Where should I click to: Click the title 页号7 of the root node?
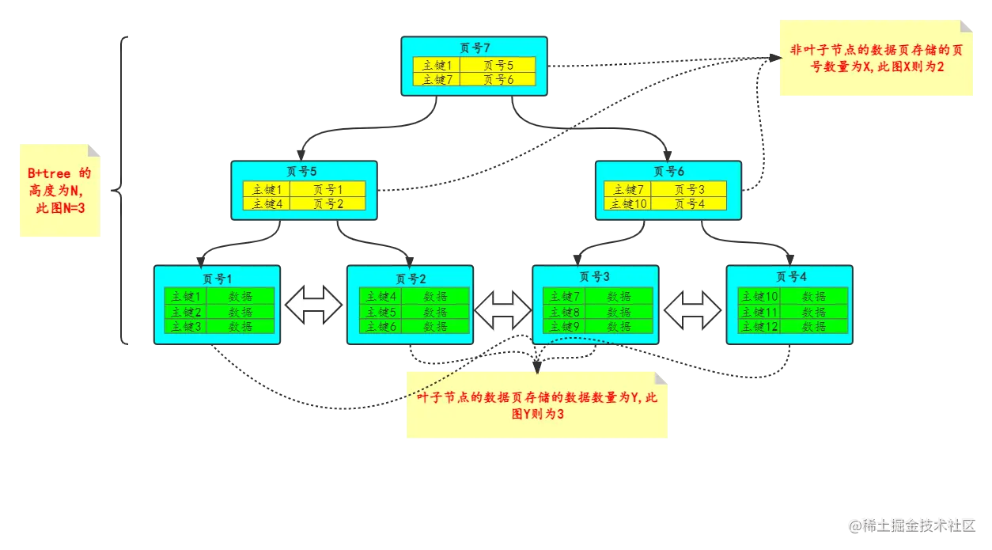475,48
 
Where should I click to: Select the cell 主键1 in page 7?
436,66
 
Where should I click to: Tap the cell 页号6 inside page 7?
498,80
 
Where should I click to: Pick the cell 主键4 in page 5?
267,203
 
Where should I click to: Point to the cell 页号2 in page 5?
328,203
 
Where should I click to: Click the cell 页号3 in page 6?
689,189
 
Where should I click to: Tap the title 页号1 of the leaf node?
217,279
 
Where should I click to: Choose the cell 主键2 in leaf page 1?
185,312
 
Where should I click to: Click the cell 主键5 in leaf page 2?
380,312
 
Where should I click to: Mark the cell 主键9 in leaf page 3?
564,326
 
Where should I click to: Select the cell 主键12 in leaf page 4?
759,326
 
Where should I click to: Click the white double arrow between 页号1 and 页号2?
313,305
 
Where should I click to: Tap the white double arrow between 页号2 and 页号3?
503,309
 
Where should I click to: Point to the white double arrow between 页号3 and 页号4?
693,309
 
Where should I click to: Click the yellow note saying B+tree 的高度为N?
60,191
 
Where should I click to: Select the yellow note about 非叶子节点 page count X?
876,60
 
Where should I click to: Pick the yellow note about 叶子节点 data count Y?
537,405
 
